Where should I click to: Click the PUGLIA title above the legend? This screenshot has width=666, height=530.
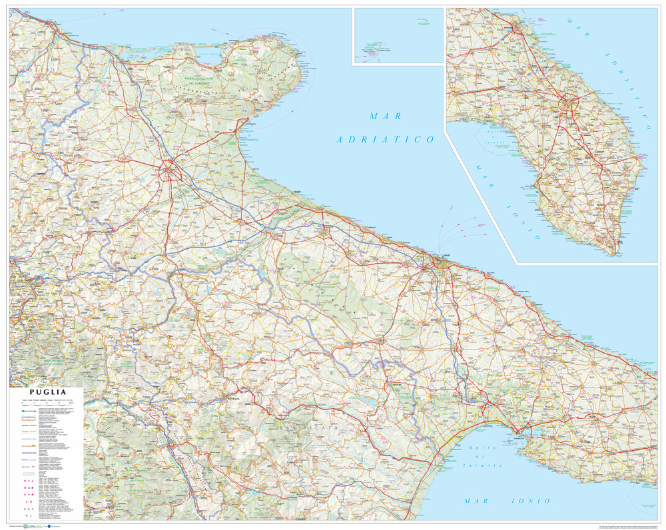(45, 393)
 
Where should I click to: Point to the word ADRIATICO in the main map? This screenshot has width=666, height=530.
(385, 139)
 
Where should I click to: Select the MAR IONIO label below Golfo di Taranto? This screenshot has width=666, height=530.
(507, 500)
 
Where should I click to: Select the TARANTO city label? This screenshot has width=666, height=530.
(519, 438)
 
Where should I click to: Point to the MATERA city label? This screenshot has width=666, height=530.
(399, 385)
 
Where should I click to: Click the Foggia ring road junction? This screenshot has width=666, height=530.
(172, 172)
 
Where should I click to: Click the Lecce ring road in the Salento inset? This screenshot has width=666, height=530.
(570, 104)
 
